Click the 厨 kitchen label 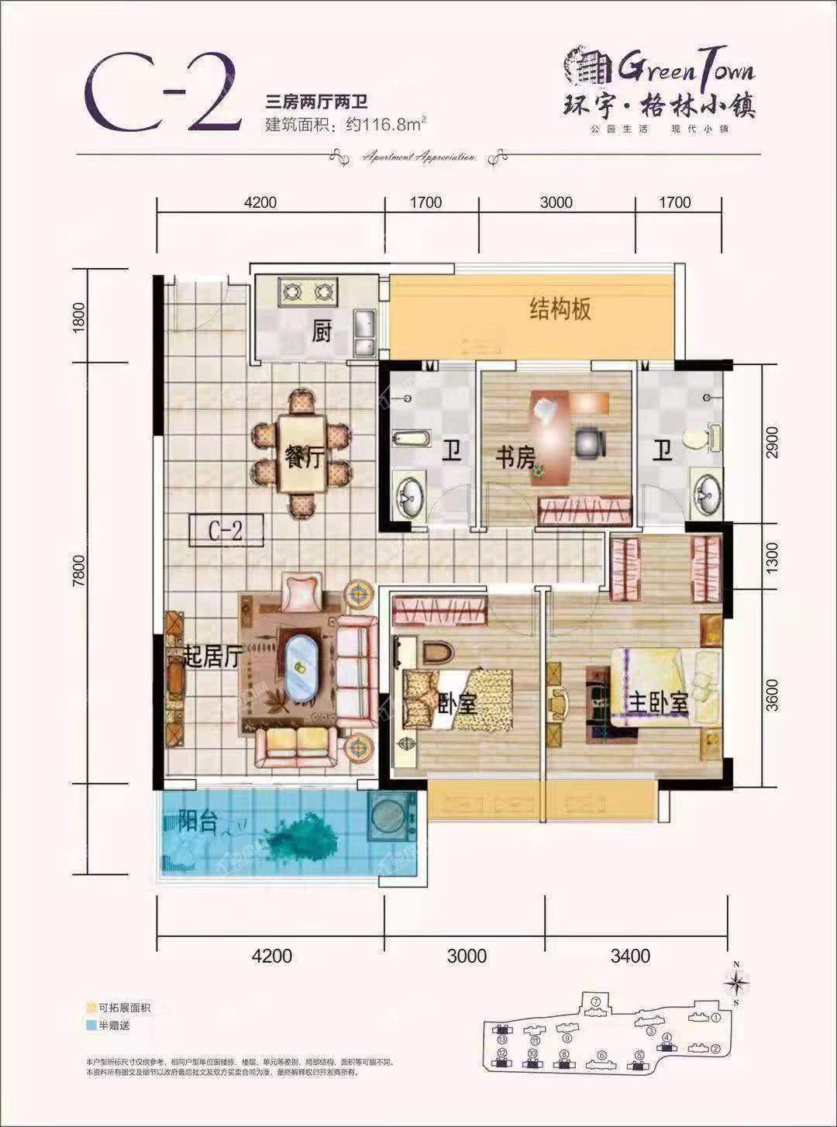coord(322,333)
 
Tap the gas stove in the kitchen coord(307,292)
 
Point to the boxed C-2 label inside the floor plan coord(226,531)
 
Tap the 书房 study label coord(515,457)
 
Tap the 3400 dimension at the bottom coord(630,956)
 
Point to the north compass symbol coord(736,983)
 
